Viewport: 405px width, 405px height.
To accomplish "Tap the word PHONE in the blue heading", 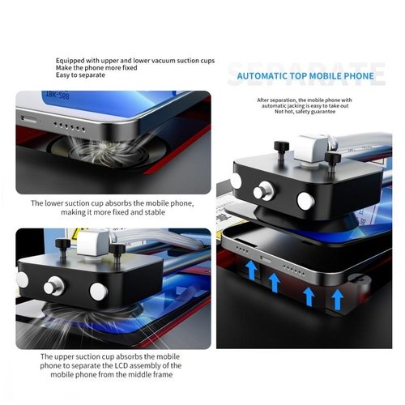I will [357, 78].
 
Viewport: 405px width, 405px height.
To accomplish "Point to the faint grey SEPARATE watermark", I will [305, 69].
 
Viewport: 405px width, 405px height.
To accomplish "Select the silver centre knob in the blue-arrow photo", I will [263, 193].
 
